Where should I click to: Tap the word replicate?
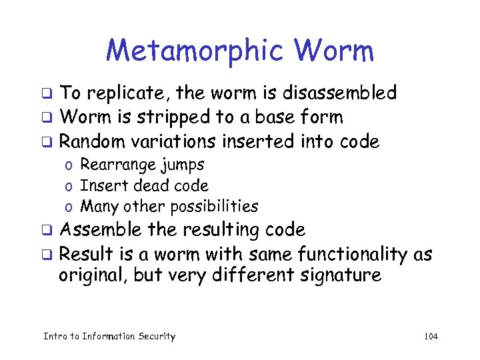[x=118, y=93]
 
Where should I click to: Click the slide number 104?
[x=431, y=337]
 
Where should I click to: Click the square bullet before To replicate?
[x=47, y=93]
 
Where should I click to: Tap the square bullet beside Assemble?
[x=47, y=231]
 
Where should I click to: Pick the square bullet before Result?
[x=47, y=255]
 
